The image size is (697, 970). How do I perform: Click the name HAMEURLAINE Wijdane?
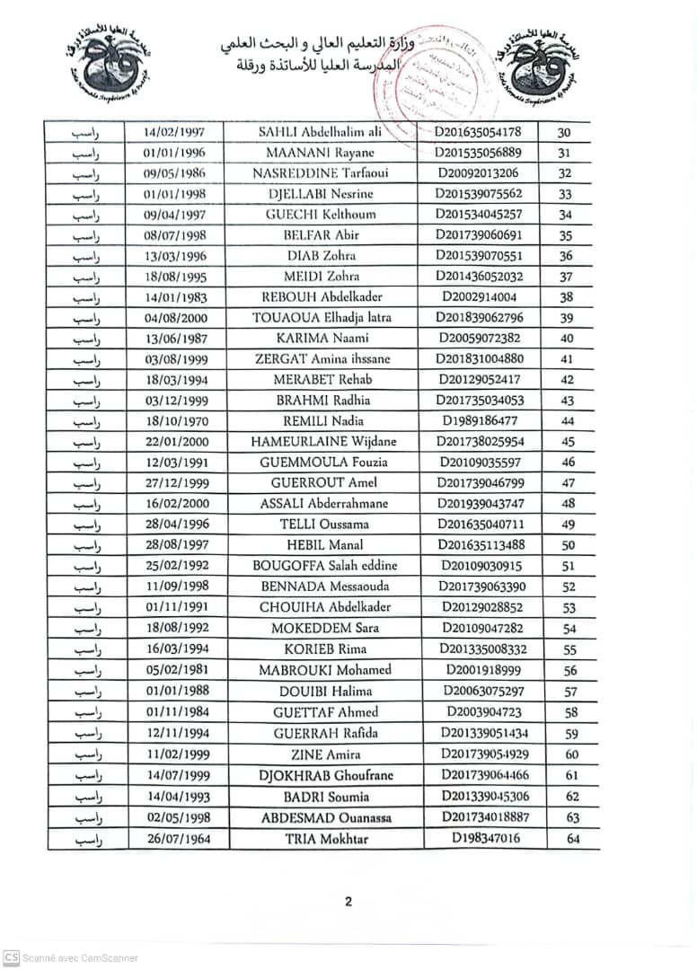coord(326,442)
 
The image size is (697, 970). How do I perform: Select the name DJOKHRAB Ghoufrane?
coord(326,775)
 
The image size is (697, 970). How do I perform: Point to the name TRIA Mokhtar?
coord(327,839)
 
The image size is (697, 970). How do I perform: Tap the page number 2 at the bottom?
coord(348,903)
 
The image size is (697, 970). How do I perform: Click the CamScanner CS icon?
coord(11,957)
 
